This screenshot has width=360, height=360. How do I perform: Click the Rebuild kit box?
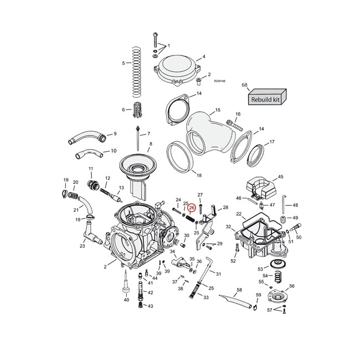point(266,99)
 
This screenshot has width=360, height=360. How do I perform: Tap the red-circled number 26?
point(192,208)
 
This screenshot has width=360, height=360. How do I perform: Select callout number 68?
point(244,85)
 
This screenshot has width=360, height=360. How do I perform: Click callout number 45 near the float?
point(280,177)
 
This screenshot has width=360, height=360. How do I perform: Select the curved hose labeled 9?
point(86,136)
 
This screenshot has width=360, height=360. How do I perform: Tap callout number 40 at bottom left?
point(126,300)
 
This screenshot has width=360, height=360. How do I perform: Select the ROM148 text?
point(219,81)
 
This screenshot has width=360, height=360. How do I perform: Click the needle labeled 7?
point(136,138)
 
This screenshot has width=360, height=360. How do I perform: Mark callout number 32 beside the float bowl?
point(228,227)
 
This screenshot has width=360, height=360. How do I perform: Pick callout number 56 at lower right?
point(292,286)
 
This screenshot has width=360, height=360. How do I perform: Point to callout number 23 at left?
point(82,246)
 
